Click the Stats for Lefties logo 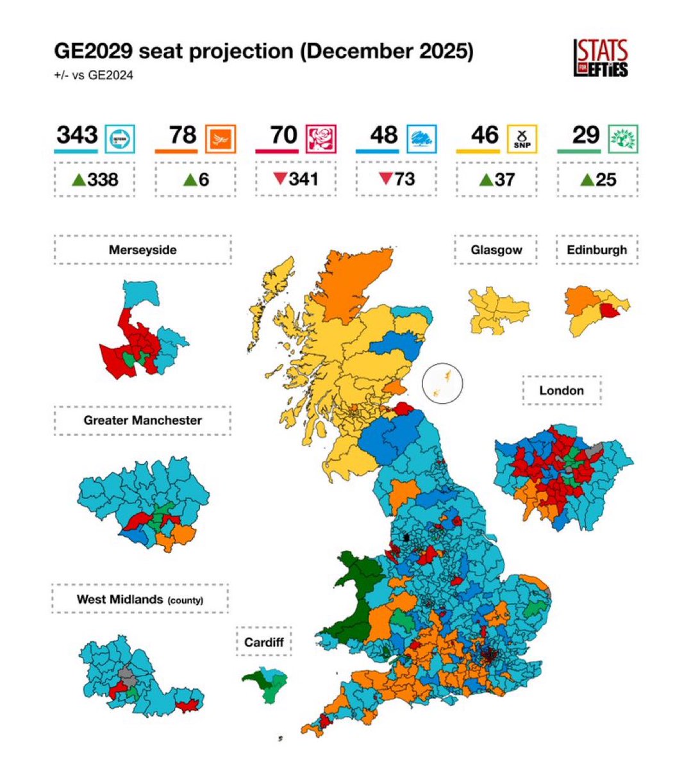[601, 58]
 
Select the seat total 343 [77, 135]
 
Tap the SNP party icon [522, 138]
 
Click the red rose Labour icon [321, 138]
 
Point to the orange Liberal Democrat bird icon [221, 138]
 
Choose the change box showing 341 [296, 179]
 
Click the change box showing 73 [396, 179]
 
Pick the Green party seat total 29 [585, 135]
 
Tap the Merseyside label [142, 250]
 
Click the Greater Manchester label [142, 420]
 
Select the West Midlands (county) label [140, 600]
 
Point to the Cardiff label [263, 641]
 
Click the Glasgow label [496, 250]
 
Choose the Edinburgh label [597, 250]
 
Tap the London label [562, 390]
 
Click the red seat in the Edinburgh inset [609, 311]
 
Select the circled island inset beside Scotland [442, 383]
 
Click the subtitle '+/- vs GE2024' [94, 75]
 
